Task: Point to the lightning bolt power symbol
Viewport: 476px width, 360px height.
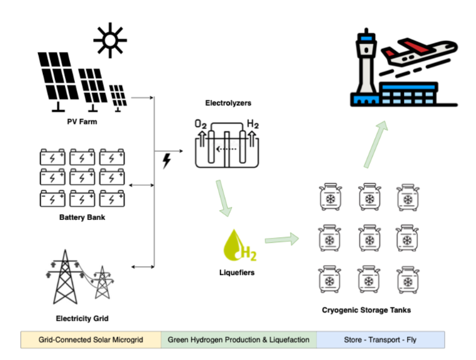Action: (x=167, y=161)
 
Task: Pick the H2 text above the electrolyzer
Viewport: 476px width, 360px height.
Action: (x=252, y=124)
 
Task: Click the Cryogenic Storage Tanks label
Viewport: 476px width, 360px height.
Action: (x=367, y=310)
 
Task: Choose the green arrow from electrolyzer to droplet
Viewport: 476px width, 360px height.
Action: (x=222, y=199)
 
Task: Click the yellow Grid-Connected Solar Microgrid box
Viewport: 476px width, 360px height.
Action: (x=91, y=339)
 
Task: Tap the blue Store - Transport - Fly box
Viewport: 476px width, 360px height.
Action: (x=381, y=339)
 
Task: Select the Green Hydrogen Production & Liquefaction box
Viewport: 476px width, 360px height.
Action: (x=239, y=339)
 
